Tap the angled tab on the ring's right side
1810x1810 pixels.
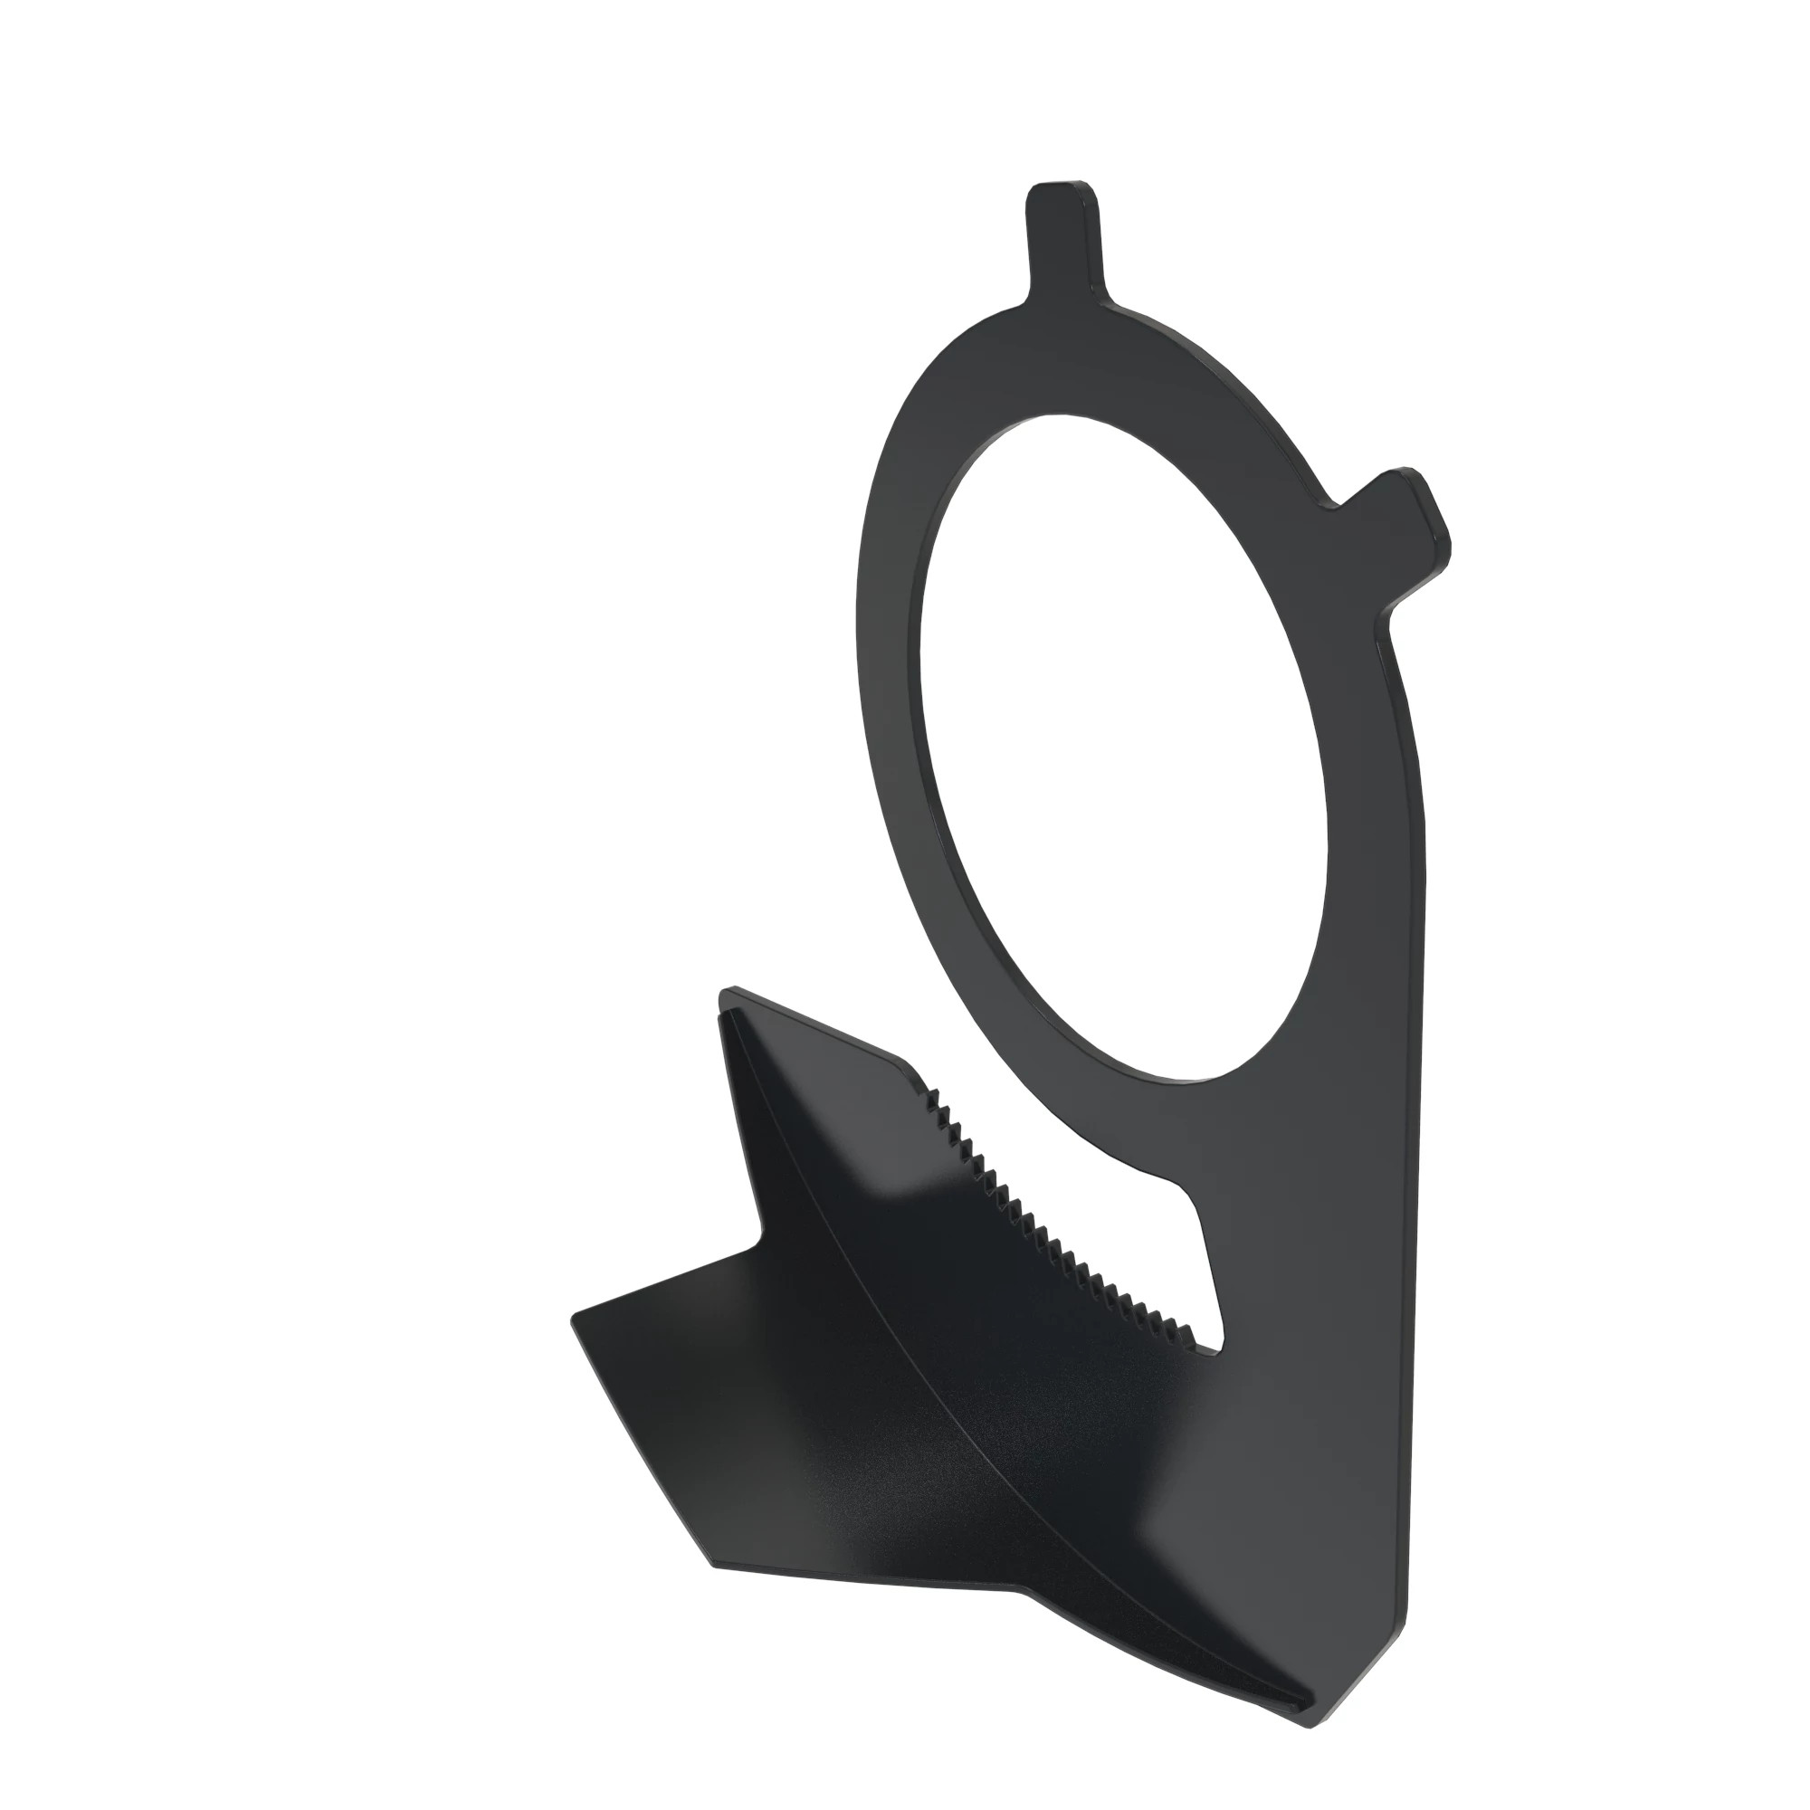[x=1401, y=526]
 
